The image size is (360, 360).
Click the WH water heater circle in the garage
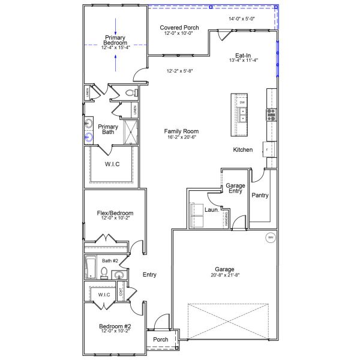pos(270,238)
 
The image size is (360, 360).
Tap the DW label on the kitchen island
pos(242,103)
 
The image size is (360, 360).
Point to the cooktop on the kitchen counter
pos(271,112)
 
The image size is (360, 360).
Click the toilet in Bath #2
pos(104,273)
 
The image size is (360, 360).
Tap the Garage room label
pos(225,269)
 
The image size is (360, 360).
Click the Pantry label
pos(260,195)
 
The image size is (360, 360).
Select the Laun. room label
pos(211,211)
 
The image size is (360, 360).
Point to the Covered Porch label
pos(179,28)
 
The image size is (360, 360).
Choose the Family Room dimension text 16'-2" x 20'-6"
pos(182,137)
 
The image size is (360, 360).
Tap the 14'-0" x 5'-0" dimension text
pos(242,19)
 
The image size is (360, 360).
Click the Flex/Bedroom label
pos(115,213)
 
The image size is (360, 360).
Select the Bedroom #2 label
pos(115,326)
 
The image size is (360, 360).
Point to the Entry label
pos(149,275)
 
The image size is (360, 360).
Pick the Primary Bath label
pos(108,129)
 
